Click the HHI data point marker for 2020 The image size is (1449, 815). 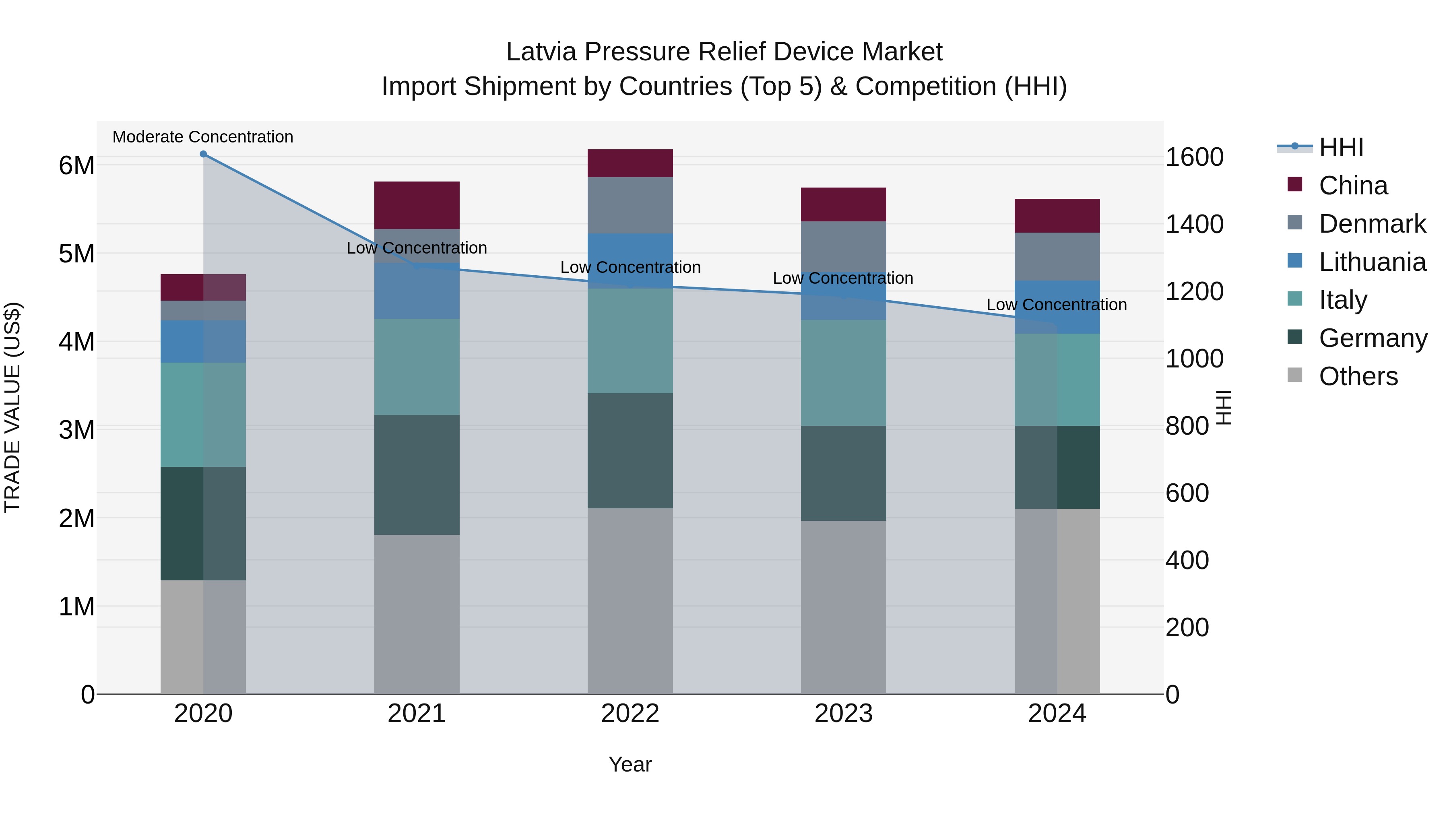tap(203, 154)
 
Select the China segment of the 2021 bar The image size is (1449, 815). tap(417, 205)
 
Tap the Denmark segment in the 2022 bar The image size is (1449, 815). tap(630, 205)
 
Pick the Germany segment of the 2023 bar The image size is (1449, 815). tap(843, 473)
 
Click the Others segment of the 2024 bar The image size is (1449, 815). tap(1057, 601)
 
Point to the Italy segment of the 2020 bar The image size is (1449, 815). tap(203, 415)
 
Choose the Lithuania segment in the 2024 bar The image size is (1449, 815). tap(1057, 307)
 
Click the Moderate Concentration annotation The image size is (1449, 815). tap(203, 137)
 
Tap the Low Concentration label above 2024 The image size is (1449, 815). tap(1057, 305)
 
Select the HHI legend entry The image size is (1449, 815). tap(1341, 147)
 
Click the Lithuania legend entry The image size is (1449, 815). tap(1372, 262)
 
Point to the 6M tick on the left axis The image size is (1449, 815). tap(76, 165)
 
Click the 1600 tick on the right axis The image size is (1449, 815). tap(1194, 157)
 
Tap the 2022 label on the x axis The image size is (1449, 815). tap(630, 714)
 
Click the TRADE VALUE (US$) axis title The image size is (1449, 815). tap(12, 407)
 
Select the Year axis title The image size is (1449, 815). tap(630, 764)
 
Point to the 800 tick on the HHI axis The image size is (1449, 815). tap(1187, 426)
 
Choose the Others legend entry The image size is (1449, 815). tap(1358, 376)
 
